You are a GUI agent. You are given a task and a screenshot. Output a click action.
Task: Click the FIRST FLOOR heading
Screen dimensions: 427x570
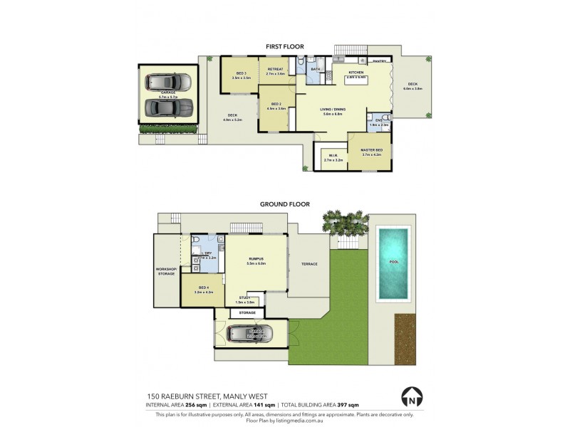[284, 46]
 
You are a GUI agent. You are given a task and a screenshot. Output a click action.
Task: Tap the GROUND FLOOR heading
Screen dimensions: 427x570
[284, 204]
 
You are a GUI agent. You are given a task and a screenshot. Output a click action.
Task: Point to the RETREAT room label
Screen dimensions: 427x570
[275, 69]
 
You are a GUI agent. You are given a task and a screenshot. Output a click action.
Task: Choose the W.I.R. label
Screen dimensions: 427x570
[333, 156]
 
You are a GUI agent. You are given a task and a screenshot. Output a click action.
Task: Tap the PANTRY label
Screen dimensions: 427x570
[379, 62]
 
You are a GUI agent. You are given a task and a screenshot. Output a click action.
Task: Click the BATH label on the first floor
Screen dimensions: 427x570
[315, 69]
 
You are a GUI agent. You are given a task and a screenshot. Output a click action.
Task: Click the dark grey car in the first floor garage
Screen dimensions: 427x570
[168, 107]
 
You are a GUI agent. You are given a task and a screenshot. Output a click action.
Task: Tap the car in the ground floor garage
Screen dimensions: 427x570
[250, 333]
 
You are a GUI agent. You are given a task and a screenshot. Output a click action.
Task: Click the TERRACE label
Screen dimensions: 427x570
[309, 264]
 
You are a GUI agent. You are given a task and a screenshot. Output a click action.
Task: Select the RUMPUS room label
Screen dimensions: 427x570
[256, 259]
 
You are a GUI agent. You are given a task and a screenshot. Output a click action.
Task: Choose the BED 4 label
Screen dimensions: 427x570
[203, 288]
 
